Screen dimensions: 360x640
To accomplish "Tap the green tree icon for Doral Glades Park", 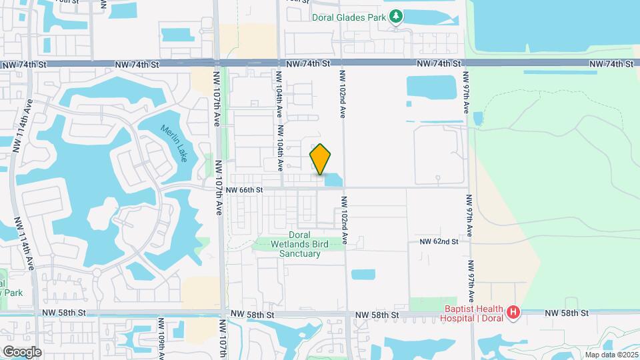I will (396, 15).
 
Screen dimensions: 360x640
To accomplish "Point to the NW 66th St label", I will (245, 190).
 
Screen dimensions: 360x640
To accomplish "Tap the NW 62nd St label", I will (439, 241).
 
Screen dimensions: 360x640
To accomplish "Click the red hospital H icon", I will (513, 312).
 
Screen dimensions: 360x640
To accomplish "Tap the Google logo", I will (22, 351).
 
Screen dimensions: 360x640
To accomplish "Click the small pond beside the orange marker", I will (333, 179).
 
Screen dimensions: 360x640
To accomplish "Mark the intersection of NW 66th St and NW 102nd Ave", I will (345, 188).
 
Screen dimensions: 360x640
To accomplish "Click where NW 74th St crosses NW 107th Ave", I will (218, 63).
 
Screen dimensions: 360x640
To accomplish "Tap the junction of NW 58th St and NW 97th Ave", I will (471, 313).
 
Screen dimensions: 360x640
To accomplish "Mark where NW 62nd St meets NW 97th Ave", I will (469, 241).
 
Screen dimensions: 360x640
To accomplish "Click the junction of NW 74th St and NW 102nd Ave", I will (341, 63).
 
